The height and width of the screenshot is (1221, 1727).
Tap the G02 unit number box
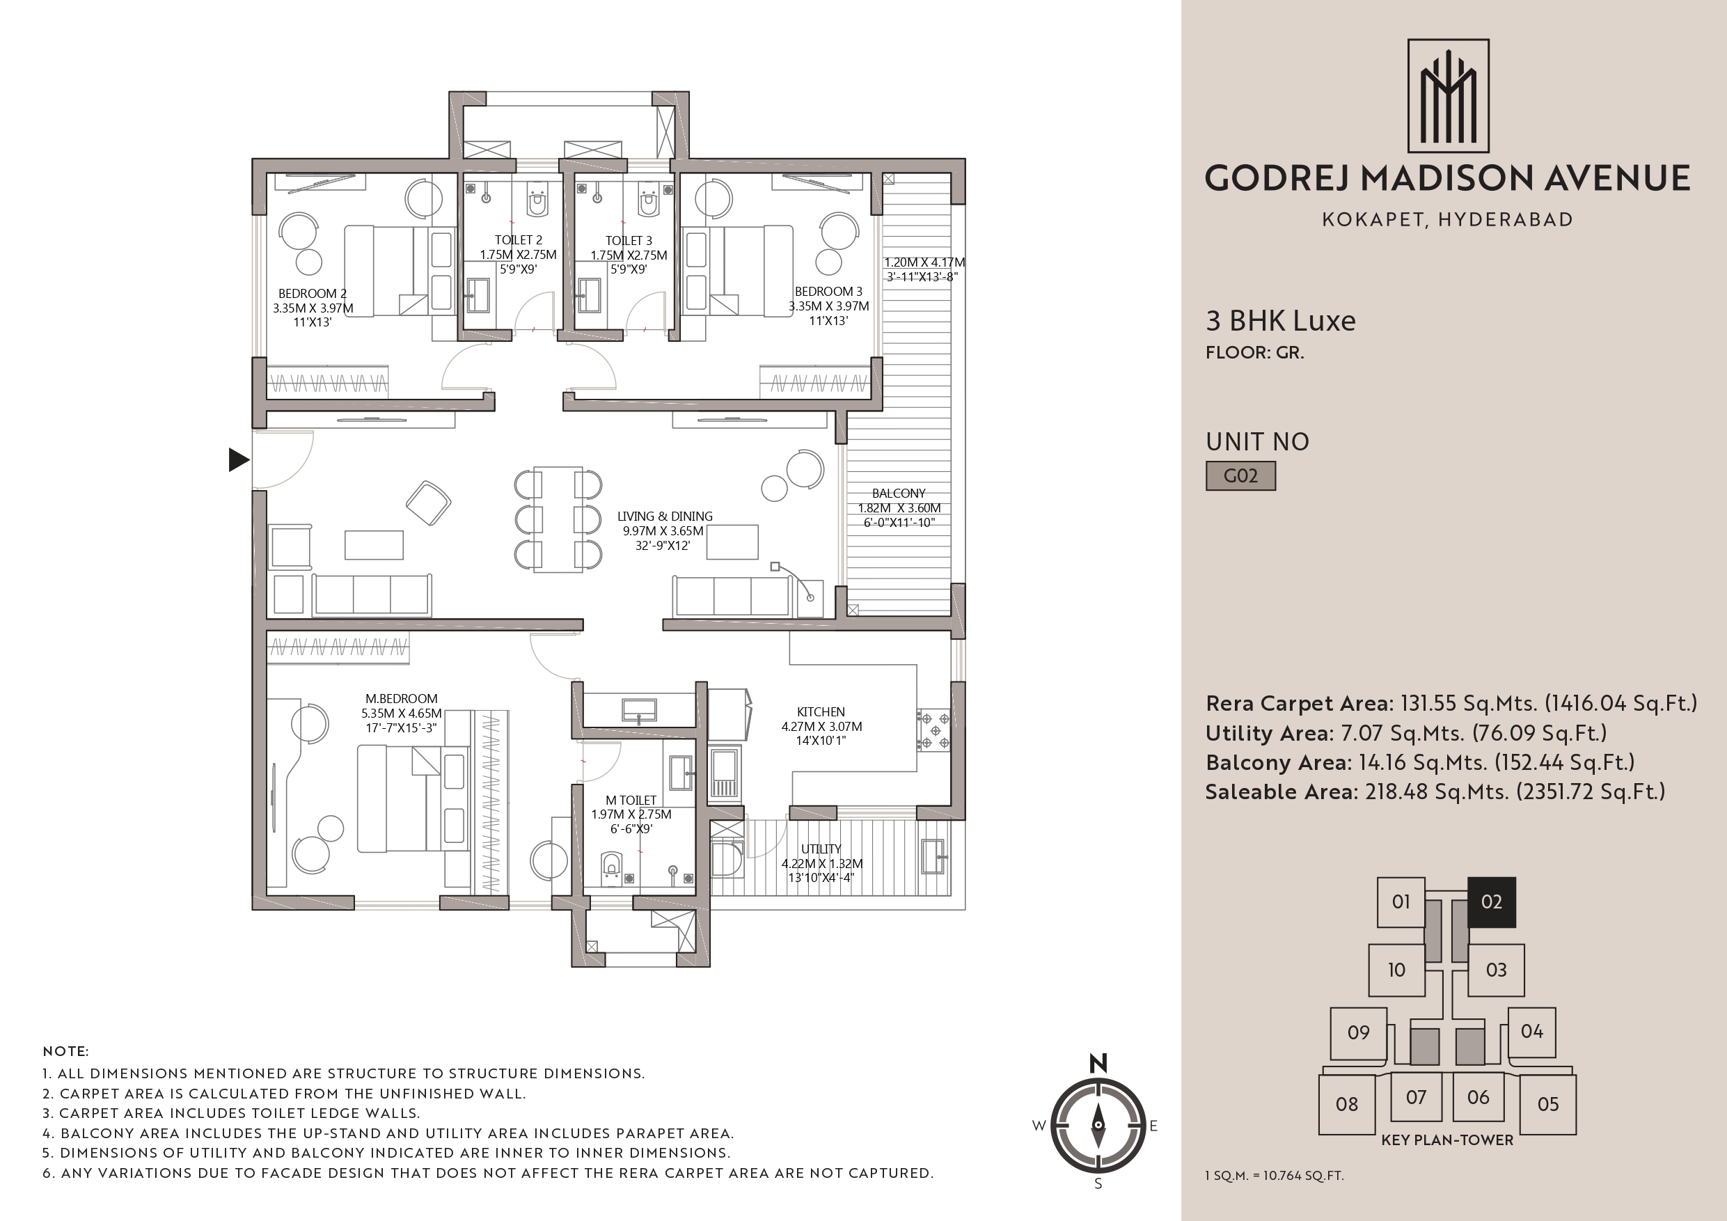(x=1240, y=475)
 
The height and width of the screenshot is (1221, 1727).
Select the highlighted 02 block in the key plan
(x=1492, y=902)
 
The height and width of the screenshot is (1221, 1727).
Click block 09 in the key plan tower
(x=1359, y=1033)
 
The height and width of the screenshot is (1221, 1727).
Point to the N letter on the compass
(x=1098, y=1063)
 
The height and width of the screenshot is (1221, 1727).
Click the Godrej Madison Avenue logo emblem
(x=1448, y=95)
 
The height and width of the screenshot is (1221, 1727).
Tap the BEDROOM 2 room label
(x=312, y=293)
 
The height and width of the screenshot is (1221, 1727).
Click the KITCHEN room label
(x=821, y=711)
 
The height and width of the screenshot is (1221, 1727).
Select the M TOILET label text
(x=631, y=800)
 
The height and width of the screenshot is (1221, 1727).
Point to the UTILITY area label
(x=821, y=849)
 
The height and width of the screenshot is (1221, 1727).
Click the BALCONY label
(x=899, y=494)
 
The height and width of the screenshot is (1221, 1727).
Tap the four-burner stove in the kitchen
(x=933, y=730)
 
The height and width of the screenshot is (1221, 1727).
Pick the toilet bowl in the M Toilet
(x=612, y=867)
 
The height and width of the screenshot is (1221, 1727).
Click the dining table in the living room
(x=558, y=519)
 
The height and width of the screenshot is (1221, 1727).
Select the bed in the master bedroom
(x=412, y=798)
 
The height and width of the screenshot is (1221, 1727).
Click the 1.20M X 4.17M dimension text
(x=924, y=262)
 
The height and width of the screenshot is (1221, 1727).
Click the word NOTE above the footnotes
(x=65, y=1051)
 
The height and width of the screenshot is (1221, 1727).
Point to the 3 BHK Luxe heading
(x=1280, y=321)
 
